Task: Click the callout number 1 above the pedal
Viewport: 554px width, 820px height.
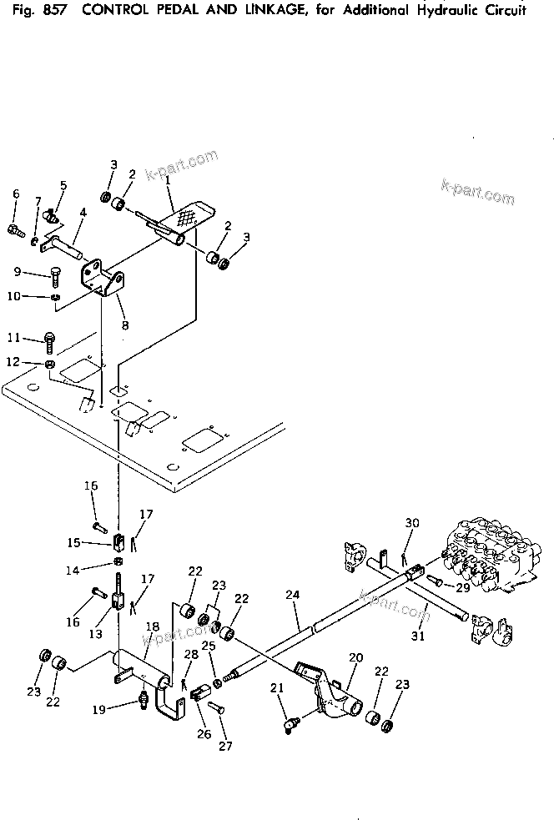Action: coord(168,179)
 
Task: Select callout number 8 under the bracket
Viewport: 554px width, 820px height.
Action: coord(124,325)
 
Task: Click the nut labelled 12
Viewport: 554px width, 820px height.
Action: coord(50,365)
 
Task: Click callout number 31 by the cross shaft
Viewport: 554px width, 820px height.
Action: coord(418,636)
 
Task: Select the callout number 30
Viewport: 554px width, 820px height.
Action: coord(411,523)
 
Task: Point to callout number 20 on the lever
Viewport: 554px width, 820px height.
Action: coord(356,658)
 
